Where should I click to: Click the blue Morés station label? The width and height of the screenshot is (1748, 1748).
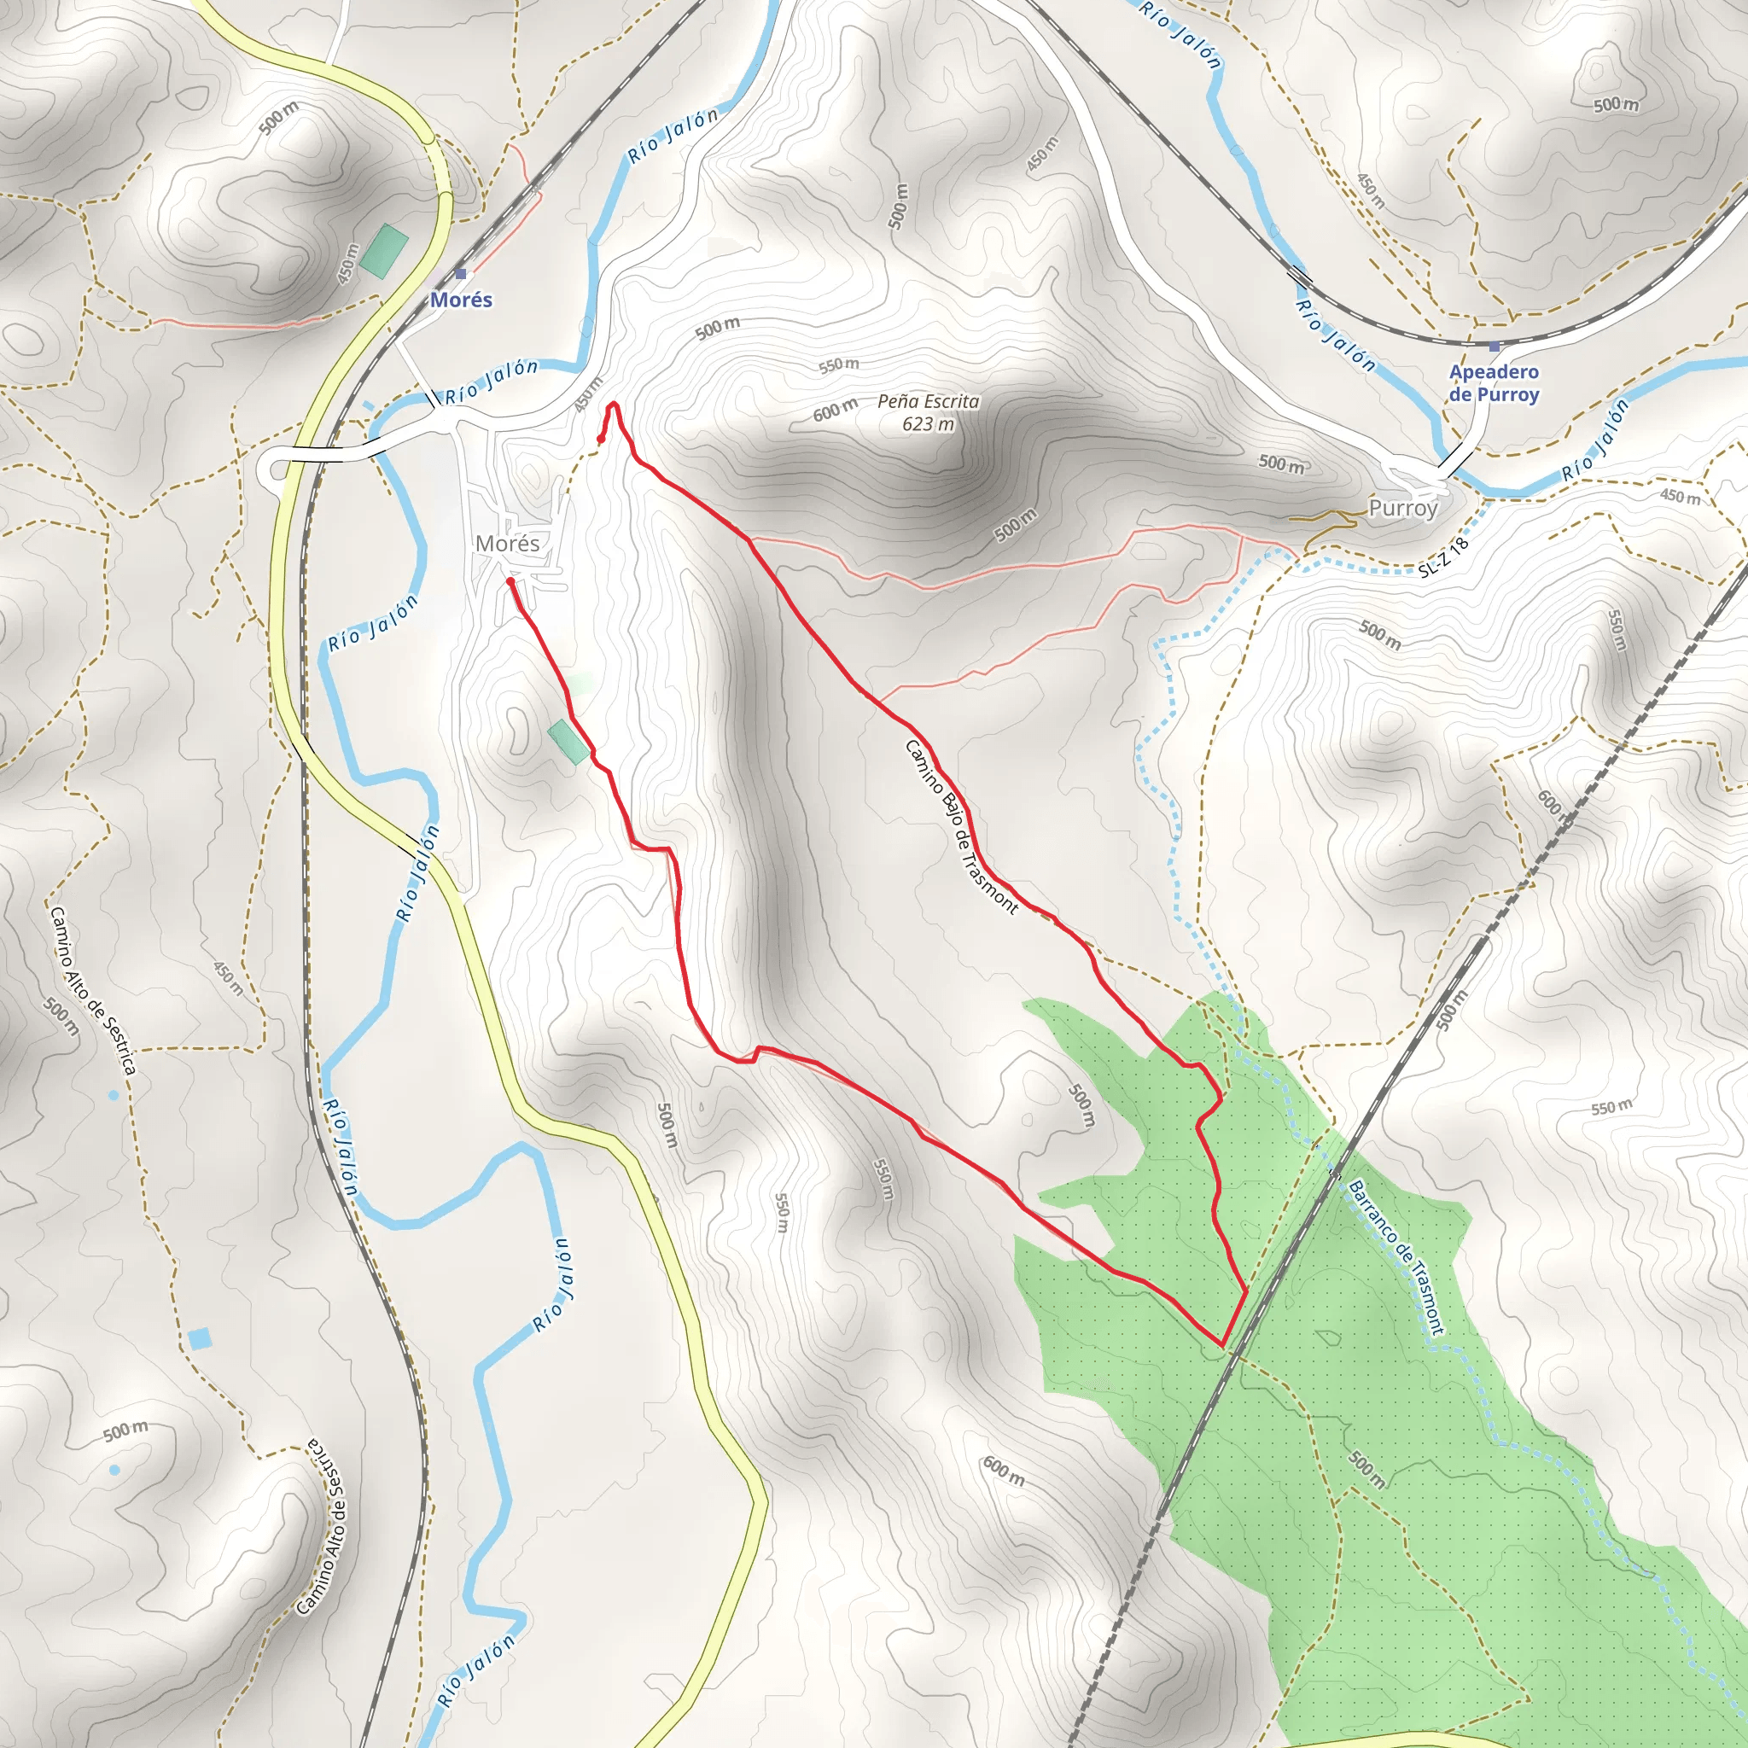tap(461, 300)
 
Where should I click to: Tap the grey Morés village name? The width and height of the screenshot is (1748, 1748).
tap(507, 543)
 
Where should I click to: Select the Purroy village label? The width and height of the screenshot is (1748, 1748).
tap(1402, 508)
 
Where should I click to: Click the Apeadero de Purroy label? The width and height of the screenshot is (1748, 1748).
tap(1494, 382)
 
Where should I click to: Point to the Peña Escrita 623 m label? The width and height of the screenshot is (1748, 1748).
tap(929, 411)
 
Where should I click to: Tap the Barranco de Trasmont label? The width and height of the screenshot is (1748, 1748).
tap(1396, 1257)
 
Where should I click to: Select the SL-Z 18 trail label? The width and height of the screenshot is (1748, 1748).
tap(1443, 557)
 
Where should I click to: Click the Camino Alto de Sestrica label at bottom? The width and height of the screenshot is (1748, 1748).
tap(322, 1525)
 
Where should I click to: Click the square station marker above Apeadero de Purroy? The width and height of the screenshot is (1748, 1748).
tap(1494, 347)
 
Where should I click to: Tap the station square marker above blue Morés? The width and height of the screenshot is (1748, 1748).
tap(461, 273)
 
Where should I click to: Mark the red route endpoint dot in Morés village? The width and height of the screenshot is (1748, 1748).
tap(510, 582)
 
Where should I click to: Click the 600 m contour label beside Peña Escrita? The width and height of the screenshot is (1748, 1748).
tap(834, 411)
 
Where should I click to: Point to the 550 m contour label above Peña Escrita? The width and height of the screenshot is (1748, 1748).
tap(839, 364)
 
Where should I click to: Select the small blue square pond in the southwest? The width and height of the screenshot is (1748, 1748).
tap(200, 1338)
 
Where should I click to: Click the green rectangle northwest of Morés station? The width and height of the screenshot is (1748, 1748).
tap(383, 252)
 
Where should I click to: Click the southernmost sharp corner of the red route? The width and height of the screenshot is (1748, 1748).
tap(1223, 1346)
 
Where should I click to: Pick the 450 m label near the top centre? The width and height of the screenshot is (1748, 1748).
tap(1042, 154)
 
